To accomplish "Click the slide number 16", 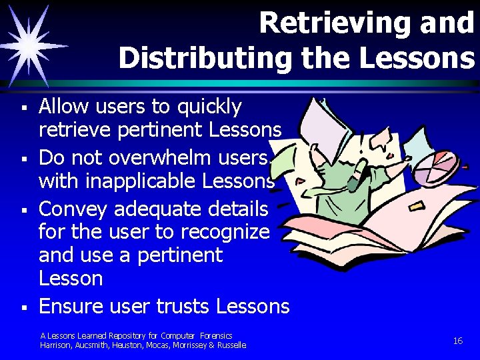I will pyautogui.click(x=457, y=341).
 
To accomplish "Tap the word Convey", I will pyautogui.click(x=74, y=209).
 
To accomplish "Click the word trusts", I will pyautogui.click(x=184, y=306).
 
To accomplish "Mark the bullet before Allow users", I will pyautogui.click(x=23, y=107).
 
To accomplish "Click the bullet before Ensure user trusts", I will pyautogui.click(x=23, y=307).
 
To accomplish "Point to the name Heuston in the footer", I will pyautogui.click(x=127, y=345).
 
